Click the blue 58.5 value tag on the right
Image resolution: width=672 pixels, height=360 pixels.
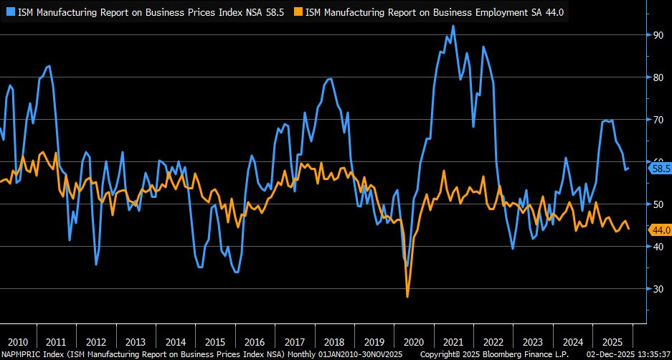coord(659,169)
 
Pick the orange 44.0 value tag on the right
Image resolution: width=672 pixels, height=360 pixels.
coord(659,229)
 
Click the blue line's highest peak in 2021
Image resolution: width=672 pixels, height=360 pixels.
coord(453,26)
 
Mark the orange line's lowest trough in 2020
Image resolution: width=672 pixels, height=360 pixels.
coord(407,296)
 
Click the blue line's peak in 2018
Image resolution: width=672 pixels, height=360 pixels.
coord(329,79)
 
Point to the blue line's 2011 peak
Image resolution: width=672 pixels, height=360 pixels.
coord(48,66)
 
